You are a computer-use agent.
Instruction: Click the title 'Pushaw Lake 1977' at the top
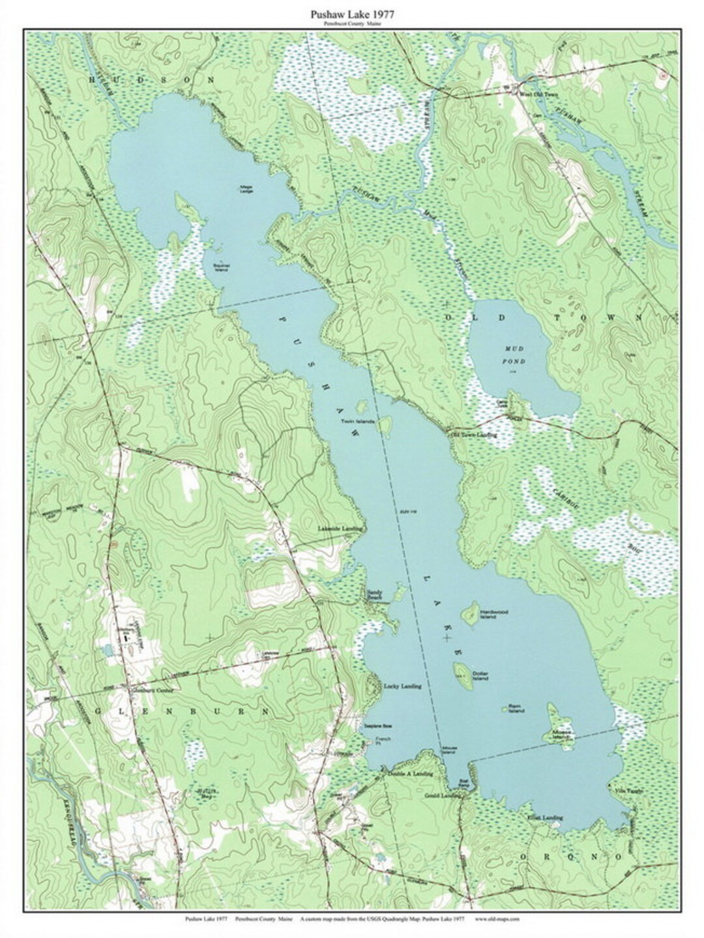pyautogui.click(x=351, y=13)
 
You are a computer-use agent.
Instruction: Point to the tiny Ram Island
pyautogui.click(x=505, y=707)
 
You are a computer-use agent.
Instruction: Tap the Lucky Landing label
pyautogui.click(x=402, y=686)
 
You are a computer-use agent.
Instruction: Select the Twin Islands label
pyautogui.click(x=357, y=422)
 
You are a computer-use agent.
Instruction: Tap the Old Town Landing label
pyautogui.click(x=474, y=434)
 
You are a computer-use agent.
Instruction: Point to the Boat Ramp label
pyautogui.click(x=463, y=785)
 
